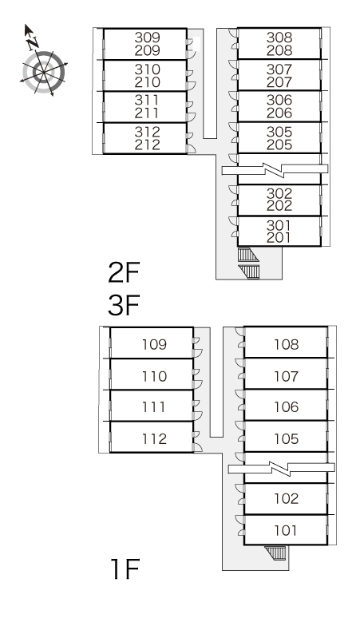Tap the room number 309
[148, 38]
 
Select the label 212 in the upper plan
[148, 145]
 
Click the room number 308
[279, 38]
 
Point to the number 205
[279, 145]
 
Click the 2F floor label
[124, 273]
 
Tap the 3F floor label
[124, 306]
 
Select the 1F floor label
[125, 569]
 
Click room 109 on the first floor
[152, 343]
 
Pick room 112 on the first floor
[152, 437]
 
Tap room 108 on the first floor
[286, 342]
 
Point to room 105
[286, 436]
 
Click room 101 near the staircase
[286, 529]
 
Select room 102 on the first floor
[286, 498]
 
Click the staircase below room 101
[275, 553]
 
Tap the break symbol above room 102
[281, 468]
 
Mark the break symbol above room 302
[275, 169]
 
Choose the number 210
[148, 82]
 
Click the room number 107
[286, 376]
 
